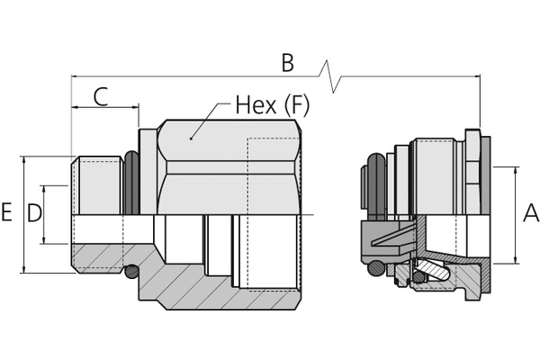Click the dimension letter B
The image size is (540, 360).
tap(288, 62)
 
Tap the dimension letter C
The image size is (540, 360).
tap(101, 96)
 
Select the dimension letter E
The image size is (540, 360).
tap(6, 211)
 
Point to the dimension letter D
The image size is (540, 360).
tap(34, 212)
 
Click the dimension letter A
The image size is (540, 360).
tap(531, 212)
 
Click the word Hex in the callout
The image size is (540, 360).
tap(256, 104)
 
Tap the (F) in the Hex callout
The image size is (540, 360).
tap(296, 105)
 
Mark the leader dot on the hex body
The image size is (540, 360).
tap(191, 139)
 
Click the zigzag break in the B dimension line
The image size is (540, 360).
tap(330, 76)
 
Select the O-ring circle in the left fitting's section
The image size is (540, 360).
tap(131, 272)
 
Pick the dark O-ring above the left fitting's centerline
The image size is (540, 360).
tap(132, 183)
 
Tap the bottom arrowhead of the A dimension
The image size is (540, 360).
tap(516, 260)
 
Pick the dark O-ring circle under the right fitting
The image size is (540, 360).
tap(375, 267)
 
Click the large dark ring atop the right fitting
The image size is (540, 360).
tap(377, 186)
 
